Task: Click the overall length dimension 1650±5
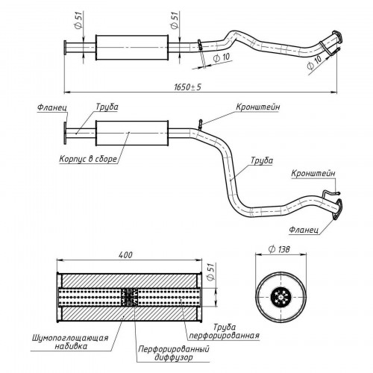(187, 87)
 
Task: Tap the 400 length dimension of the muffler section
(125, 255)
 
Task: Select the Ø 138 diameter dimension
(279, 249)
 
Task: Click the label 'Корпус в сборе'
(88, 159)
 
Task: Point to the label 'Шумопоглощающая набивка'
(70, 342)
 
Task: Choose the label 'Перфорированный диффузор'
(174, 353)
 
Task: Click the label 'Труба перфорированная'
(225, 331)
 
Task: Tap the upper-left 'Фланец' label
(52, 108)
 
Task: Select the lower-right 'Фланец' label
(304, 230)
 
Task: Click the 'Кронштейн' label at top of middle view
(257, 107)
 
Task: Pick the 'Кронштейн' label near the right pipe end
(313, 173)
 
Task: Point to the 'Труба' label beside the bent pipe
(262, 160)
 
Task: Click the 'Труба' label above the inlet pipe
(107, 107)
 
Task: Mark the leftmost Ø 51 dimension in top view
(78, 20)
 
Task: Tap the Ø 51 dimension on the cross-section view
(210, 272)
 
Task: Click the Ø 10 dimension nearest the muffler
(222, 57)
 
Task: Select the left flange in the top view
(65, 47)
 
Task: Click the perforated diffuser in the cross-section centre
(129, 298)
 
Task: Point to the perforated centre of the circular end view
(280, 297)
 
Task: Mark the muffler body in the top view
(132, 48)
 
